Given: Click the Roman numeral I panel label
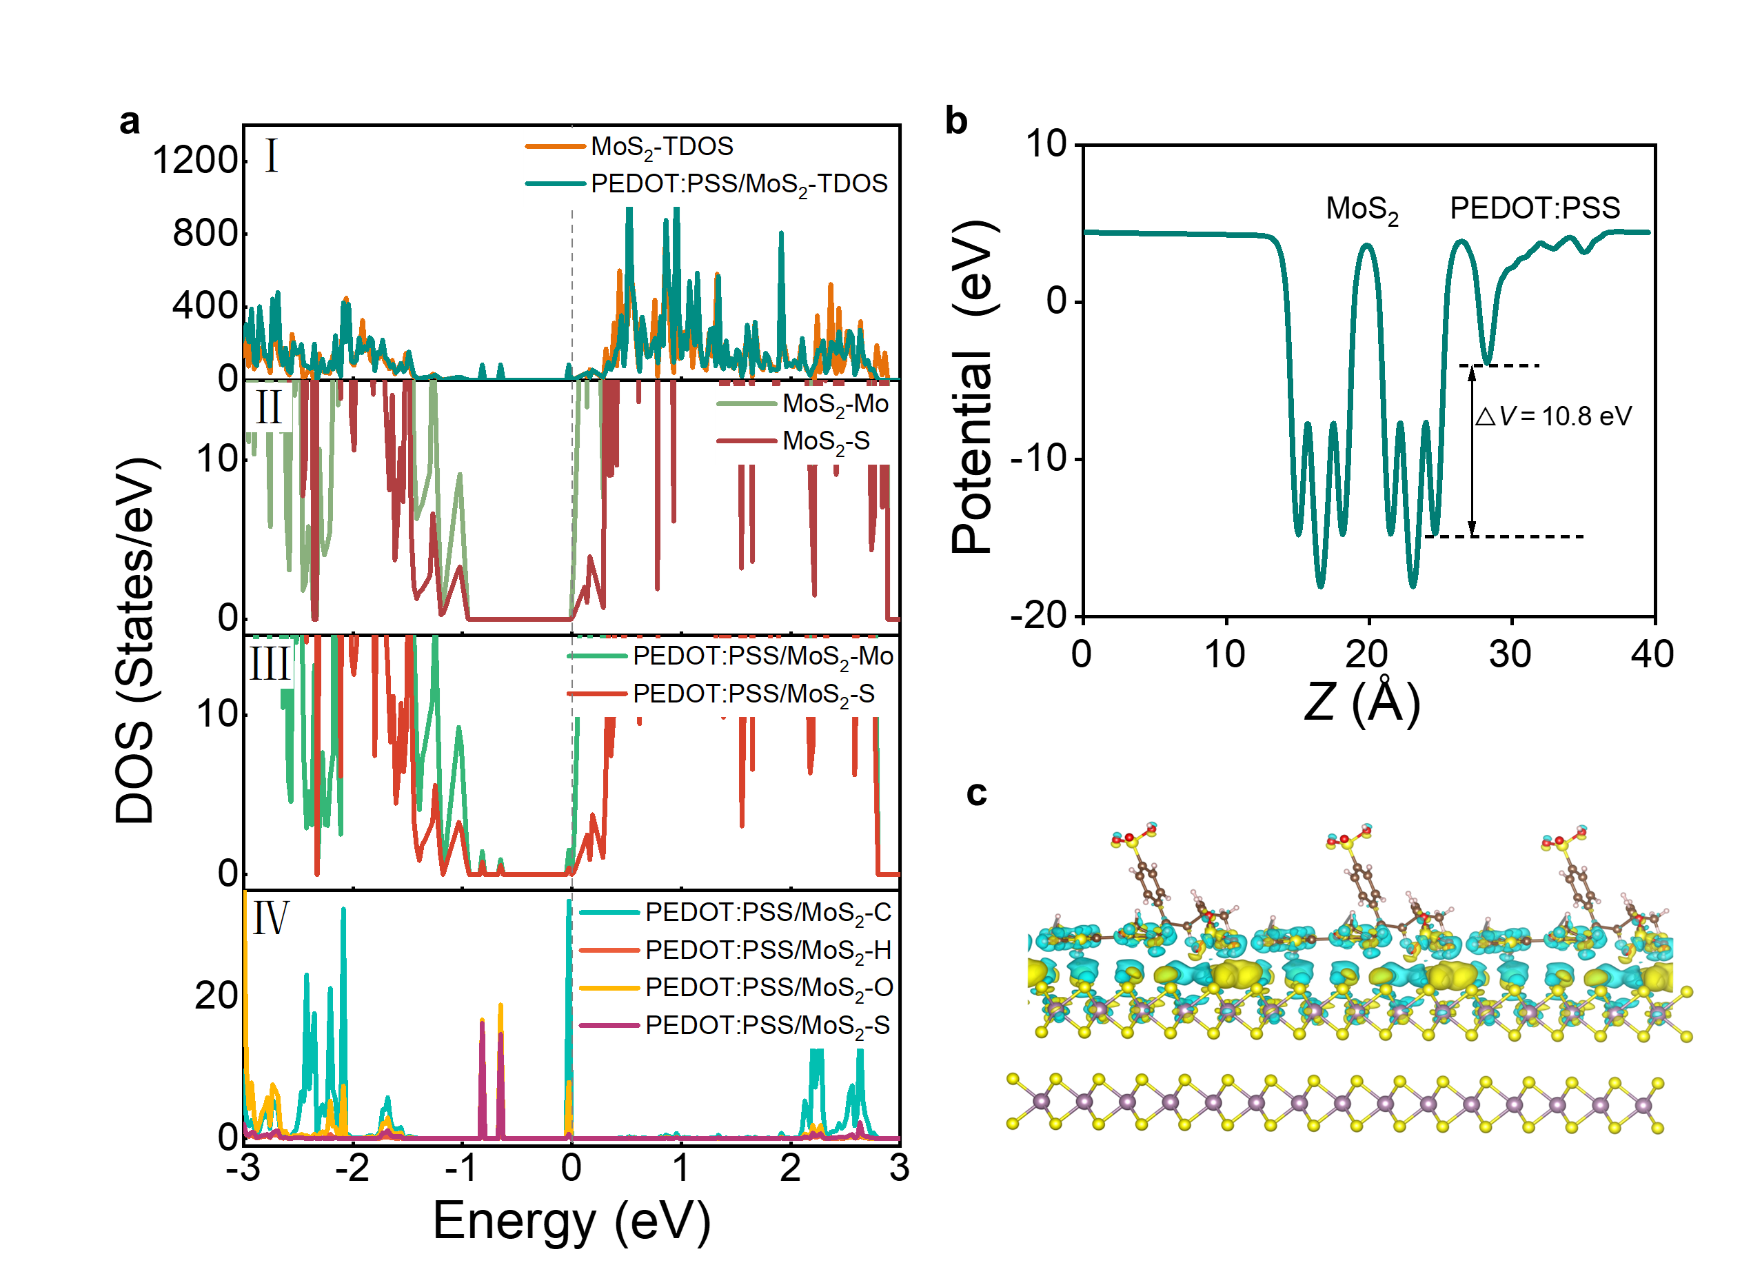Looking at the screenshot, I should [272, 156].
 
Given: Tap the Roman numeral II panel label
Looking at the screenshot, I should [269, 407].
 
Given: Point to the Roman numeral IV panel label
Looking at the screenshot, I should [271, 918].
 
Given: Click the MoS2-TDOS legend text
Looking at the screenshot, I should [662, 146].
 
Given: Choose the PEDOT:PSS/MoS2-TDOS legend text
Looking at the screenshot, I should [739, 184].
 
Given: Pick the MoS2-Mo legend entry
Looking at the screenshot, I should [836, 404].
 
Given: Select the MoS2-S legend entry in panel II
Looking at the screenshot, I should [826, 441].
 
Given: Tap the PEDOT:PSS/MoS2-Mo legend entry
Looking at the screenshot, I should [762, 656].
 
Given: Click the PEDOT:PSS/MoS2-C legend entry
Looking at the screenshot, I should [768, 913].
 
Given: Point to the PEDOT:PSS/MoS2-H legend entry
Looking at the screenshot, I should [768, 951].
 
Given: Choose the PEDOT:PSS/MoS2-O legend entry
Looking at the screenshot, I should [769, 988].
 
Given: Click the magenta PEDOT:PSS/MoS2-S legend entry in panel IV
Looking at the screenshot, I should [767, 1026].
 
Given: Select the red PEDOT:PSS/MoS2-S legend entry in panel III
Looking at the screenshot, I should [753, 694].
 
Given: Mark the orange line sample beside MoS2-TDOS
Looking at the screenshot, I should [556, 146].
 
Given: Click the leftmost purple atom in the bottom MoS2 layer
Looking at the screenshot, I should [1041, 1102].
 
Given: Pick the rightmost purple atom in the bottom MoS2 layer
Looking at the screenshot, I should [1643, 1105].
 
